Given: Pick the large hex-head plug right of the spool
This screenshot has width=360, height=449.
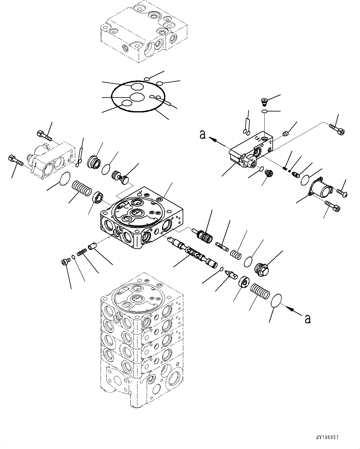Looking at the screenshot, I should click(x=263, y=268).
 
